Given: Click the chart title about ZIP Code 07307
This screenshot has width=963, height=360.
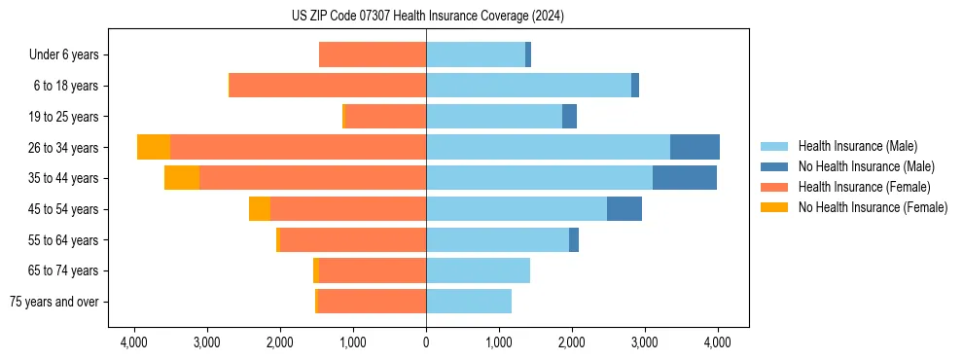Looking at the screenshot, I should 427,17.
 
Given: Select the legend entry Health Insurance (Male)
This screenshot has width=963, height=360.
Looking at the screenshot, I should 857,146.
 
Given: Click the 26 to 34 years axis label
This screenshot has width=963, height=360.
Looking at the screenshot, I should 63,147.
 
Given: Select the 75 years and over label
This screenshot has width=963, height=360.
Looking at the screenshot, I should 54,302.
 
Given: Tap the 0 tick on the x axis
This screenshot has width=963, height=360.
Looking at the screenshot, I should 426,342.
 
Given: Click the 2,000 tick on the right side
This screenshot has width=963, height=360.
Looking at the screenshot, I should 572,342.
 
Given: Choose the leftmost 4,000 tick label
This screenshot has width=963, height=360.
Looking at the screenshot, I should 133,342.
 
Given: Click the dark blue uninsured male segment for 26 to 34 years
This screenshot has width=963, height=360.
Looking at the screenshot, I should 695,147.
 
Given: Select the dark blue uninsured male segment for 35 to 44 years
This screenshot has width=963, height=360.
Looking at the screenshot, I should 685,178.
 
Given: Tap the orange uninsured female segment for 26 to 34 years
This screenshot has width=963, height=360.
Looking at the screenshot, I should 154,147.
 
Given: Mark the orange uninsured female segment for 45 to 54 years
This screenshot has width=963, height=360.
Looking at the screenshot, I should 260,209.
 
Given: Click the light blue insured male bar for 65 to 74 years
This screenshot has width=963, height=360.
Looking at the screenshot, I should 478,270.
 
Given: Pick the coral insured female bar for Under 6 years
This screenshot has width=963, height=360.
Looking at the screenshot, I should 373,54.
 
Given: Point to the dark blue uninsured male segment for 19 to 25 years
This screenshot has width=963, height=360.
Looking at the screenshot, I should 569,117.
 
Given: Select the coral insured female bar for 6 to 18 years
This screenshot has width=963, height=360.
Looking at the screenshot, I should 328,86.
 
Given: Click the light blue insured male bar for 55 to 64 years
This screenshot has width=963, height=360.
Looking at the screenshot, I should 497,239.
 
